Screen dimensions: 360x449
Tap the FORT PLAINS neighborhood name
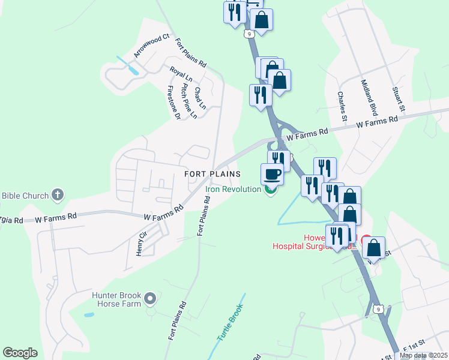pos(212,174)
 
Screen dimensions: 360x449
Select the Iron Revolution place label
pos(233,189)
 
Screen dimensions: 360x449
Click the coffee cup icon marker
pos(272,174)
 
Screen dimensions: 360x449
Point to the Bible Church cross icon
pos(58,194)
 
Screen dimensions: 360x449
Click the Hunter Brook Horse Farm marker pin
pos(151,298)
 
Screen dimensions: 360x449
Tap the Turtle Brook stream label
pos(231,323)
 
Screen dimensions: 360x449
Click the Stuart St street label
pos(399,100)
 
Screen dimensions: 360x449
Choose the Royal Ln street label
pos(181,74)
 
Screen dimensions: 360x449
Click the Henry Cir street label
pos(142,245)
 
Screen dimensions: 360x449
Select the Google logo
pos(20,353)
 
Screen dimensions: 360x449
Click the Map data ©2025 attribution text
pos(423,355)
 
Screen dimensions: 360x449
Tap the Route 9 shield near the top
pos(248,34)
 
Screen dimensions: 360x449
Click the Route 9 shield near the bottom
pos(376,309)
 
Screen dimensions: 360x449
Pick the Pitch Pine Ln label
pos(188,101)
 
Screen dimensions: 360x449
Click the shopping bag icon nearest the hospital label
pos(373,247)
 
